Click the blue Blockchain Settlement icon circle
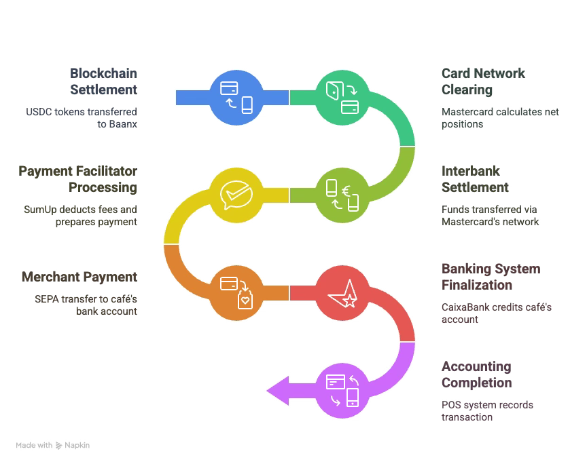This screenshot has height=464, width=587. [x=236, y=97]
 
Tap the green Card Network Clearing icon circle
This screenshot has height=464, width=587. [x=342, y=97]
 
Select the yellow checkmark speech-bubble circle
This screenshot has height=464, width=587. [x=236, y=195]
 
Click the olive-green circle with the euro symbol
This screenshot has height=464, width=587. [x=342, y=195]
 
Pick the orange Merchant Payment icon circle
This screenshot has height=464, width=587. [x=236, y=292]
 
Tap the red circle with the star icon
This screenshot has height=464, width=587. [x=342, y=292]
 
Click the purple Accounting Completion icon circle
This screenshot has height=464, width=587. [x=342, y=390]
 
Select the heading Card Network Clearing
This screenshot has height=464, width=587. [x=483, y=81]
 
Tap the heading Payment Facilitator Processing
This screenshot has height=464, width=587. [x=77, y=179]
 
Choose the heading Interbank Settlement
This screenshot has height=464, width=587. [x=475, y=179]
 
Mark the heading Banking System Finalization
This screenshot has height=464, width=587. [x=491, y=277]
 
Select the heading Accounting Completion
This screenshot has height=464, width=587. [x=476, y=374]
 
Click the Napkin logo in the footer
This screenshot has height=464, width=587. [x=73, y=445]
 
